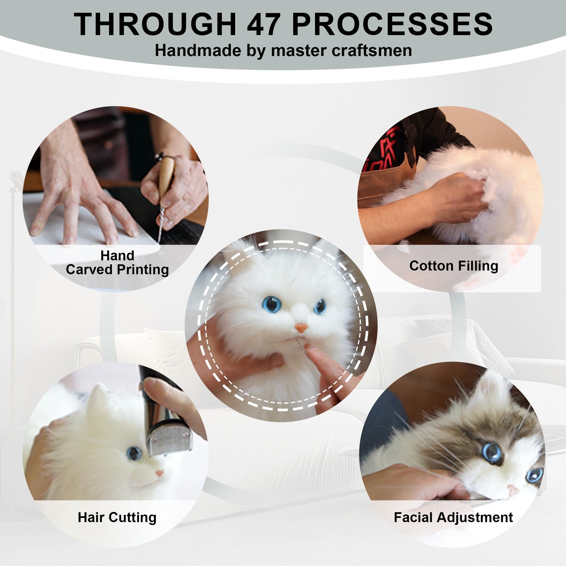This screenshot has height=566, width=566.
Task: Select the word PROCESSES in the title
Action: [x=392, y=24]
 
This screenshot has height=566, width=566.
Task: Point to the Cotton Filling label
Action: [x=453, y=266]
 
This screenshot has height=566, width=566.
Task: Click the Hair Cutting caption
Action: [x=117, y=517]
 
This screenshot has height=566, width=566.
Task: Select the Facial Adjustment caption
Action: [x=453, y=517]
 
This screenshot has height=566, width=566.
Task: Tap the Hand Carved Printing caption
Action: [x=117, y=262]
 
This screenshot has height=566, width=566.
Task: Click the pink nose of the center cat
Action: [x=301, y=328]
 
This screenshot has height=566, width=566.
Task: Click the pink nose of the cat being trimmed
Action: [x=159, y=473]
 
